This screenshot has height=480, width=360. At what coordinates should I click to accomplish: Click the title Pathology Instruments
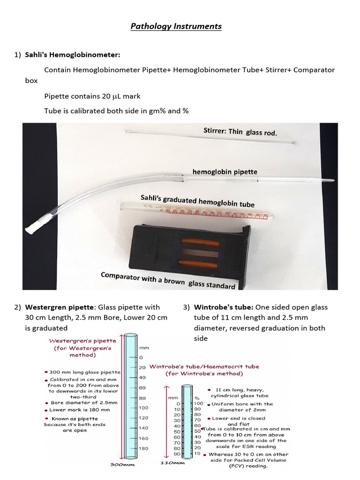(176, 26)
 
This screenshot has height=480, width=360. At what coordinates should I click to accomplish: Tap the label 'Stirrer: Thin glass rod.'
(240, 132)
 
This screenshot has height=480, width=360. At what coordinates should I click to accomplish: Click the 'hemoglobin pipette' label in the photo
(225, 172)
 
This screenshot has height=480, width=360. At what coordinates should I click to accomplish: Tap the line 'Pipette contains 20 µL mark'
(92, 96)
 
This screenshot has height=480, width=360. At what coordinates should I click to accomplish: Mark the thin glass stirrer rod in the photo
(206, 136)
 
